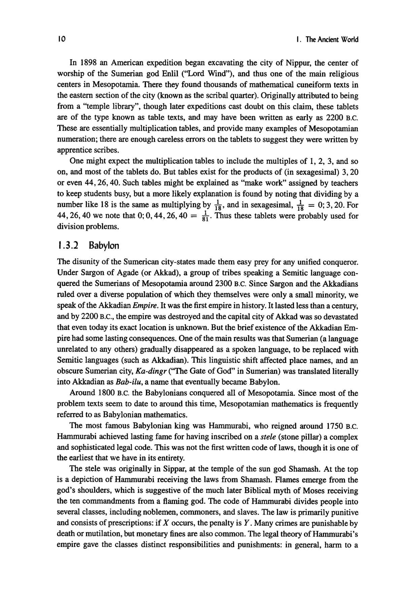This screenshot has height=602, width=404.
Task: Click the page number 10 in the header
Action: pyautogui.click(x=61, y=39)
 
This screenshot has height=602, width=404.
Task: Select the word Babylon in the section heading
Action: pyautogui.click(x=104, y=245)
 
